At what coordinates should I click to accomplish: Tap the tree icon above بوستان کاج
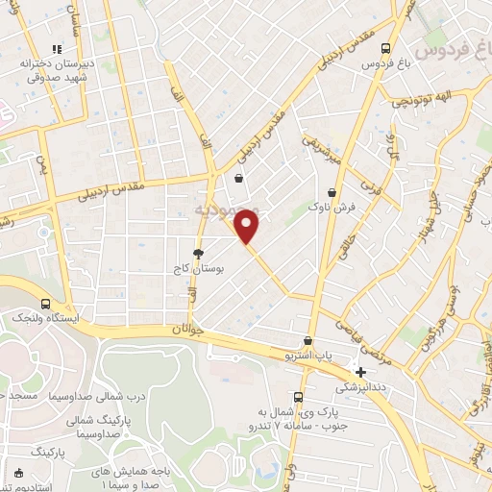click(198, 254)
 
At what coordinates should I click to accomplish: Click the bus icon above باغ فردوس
click(384, 47)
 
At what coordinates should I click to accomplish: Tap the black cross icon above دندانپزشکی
click(360, 372)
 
